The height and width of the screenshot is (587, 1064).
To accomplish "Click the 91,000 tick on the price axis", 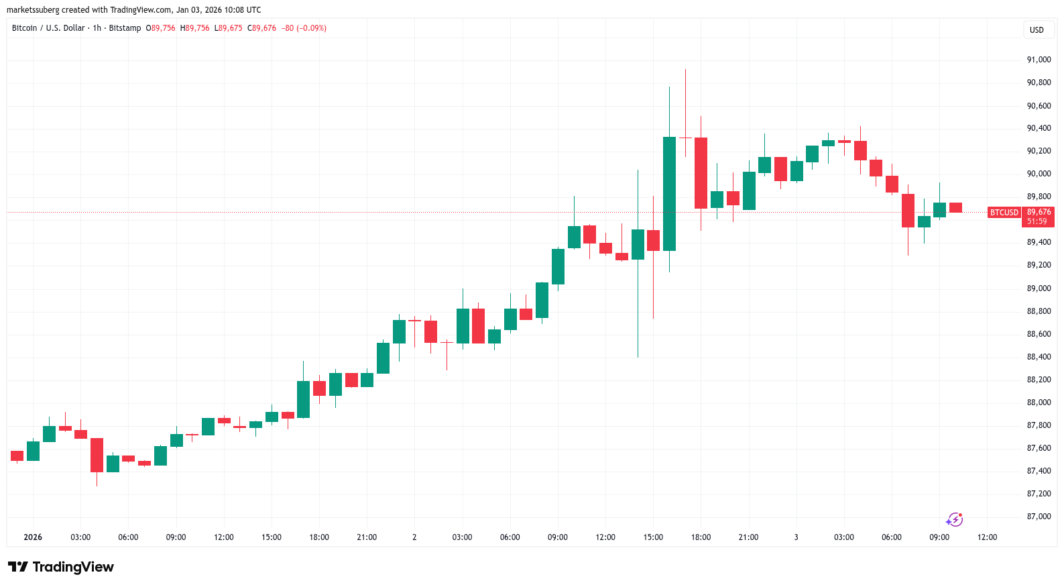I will (x=1039, y=60).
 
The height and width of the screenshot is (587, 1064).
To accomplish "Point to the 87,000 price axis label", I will (x=1039, y=517).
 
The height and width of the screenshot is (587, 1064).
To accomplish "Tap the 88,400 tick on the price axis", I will (x=1039, y=357).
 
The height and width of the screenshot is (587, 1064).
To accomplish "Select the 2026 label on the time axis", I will (x=33, y=537).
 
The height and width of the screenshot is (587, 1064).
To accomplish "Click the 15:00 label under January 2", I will (x=653, y=537).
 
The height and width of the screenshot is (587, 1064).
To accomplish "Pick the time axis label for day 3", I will (x=796, y=537).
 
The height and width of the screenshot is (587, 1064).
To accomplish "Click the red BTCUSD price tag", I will (x=1004, y=213).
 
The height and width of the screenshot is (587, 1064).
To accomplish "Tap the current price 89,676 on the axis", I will (x=1039, y=212).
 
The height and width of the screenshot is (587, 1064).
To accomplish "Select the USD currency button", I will (x=1037, y=30).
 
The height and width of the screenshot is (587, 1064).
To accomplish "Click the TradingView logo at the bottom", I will (x=61, y=567).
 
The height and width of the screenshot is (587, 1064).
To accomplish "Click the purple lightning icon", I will (x=954, y=520).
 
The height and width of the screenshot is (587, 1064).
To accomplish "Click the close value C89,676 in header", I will (x=262, y=28).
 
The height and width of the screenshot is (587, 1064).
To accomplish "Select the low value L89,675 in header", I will (x=229, y=28).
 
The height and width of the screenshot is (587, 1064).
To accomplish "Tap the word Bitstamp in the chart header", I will (x=125, y=28).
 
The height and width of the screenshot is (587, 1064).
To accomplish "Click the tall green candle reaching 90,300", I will (x=669, y=193).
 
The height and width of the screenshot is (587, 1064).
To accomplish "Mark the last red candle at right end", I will (x=955, y=208).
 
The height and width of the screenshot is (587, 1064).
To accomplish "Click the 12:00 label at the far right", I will (x=987, y=537).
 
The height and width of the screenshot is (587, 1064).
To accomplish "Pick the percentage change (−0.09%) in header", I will (x=312, y=28).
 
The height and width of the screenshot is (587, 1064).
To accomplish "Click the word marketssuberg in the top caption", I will (x=33, y=10).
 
